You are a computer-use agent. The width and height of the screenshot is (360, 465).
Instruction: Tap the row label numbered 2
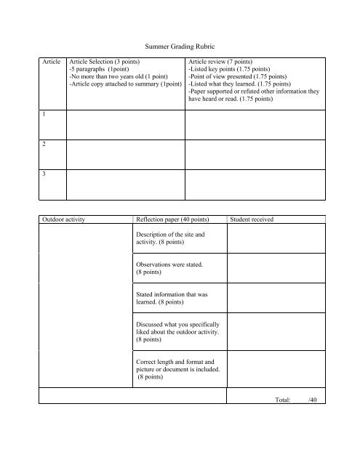(x=46, y=145)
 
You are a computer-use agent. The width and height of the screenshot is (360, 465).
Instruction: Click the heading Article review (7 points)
(x=223, y=63)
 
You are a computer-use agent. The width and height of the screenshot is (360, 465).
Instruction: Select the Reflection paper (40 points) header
(x=173, y=219)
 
